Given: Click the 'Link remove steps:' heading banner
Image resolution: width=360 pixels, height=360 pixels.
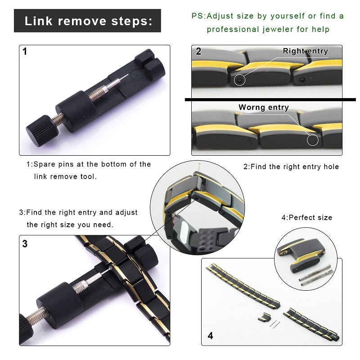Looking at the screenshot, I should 87,21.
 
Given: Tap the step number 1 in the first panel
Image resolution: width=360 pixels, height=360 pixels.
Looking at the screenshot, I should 25,52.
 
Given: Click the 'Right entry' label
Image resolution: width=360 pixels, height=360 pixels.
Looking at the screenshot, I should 305,51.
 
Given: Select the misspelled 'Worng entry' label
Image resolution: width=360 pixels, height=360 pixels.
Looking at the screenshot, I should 263,107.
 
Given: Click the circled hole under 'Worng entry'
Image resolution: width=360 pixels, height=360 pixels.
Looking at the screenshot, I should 312,140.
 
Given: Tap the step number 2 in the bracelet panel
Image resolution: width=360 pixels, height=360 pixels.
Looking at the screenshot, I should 198,51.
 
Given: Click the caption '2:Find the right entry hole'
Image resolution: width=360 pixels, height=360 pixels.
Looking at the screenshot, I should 291,166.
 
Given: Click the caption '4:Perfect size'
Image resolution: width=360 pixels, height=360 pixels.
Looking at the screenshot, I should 306,217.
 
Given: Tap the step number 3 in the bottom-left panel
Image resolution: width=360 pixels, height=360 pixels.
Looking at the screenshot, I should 25,244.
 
